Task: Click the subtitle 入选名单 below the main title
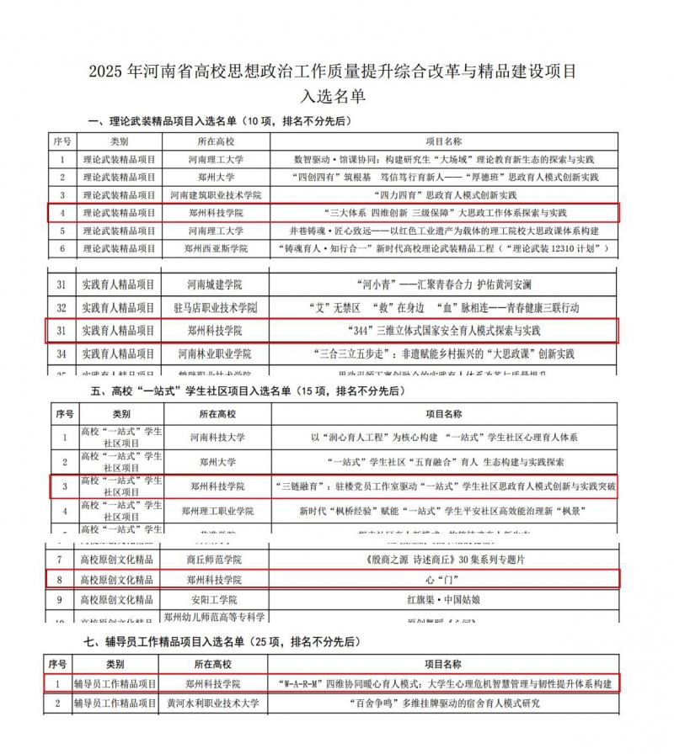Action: pos(336,96)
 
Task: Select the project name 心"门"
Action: pos(441,580)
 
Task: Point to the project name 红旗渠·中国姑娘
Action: pos(441,601)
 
